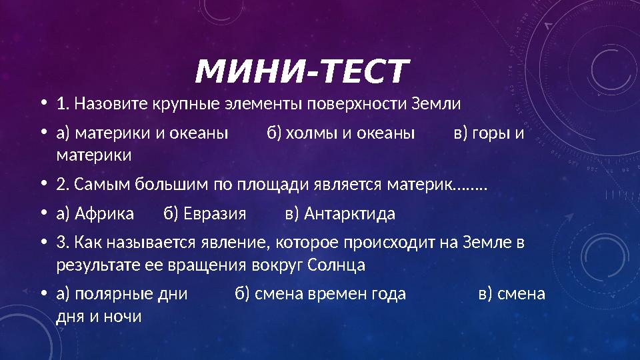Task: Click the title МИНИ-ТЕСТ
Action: [302, 71]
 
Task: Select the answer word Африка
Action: [105, 214]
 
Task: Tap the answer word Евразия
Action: [215, 214]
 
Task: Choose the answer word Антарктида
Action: [349, 214]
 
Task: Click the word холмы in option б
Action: [311, 133]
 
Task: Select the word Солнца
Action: [336, 265]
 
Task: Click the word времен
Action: [337, 294]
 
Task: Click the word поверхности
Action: [357, 105]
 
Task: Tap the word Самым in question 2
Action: [102, 185]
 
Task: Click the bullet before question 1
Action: [44, 103]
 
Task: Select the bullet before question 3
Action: [44, 243]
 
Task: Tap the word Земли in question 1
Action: [436, 104]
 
